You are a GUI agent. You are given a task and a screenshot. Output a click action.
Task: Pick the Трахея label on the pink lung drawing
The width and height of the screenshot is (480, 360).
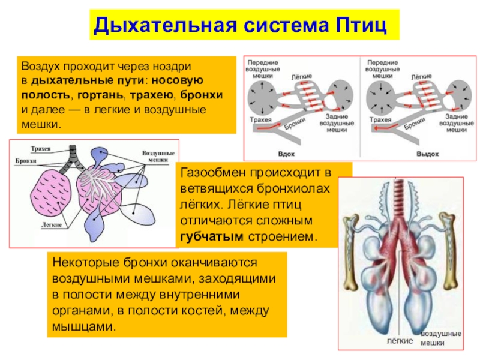pos(40,148)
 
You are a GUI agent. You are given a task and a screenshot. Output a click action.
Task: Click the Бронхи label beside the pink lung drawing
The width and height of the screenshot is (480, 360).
pos(25,161)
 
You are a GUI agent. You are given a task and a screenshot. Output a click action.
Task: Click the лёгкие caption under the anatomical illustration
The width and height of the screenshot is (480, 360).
pos(400,340)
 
